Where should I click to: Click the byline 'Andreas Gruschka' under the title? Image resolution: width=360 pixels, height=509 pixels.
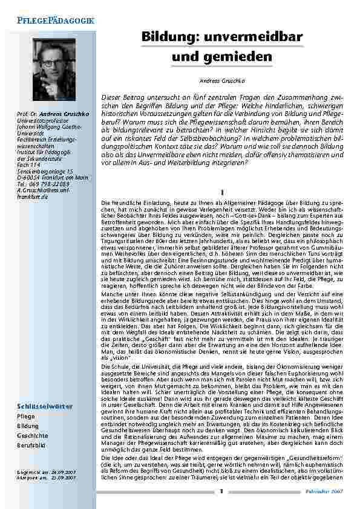[x=220, y=80]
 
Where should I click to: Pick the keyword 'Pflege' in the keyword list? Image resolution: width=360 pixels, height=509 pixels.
[x=26, y=417]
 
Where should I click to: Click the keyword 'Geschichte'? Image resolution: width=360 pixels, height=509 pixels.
[x=31, y=435]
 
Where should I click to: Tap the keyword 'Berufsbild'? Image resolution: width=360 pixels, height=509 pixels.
[x=31, y=445]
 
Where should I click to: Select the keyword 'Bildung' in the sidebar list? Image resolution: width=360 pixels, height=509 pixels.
[x=27, y=426]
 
